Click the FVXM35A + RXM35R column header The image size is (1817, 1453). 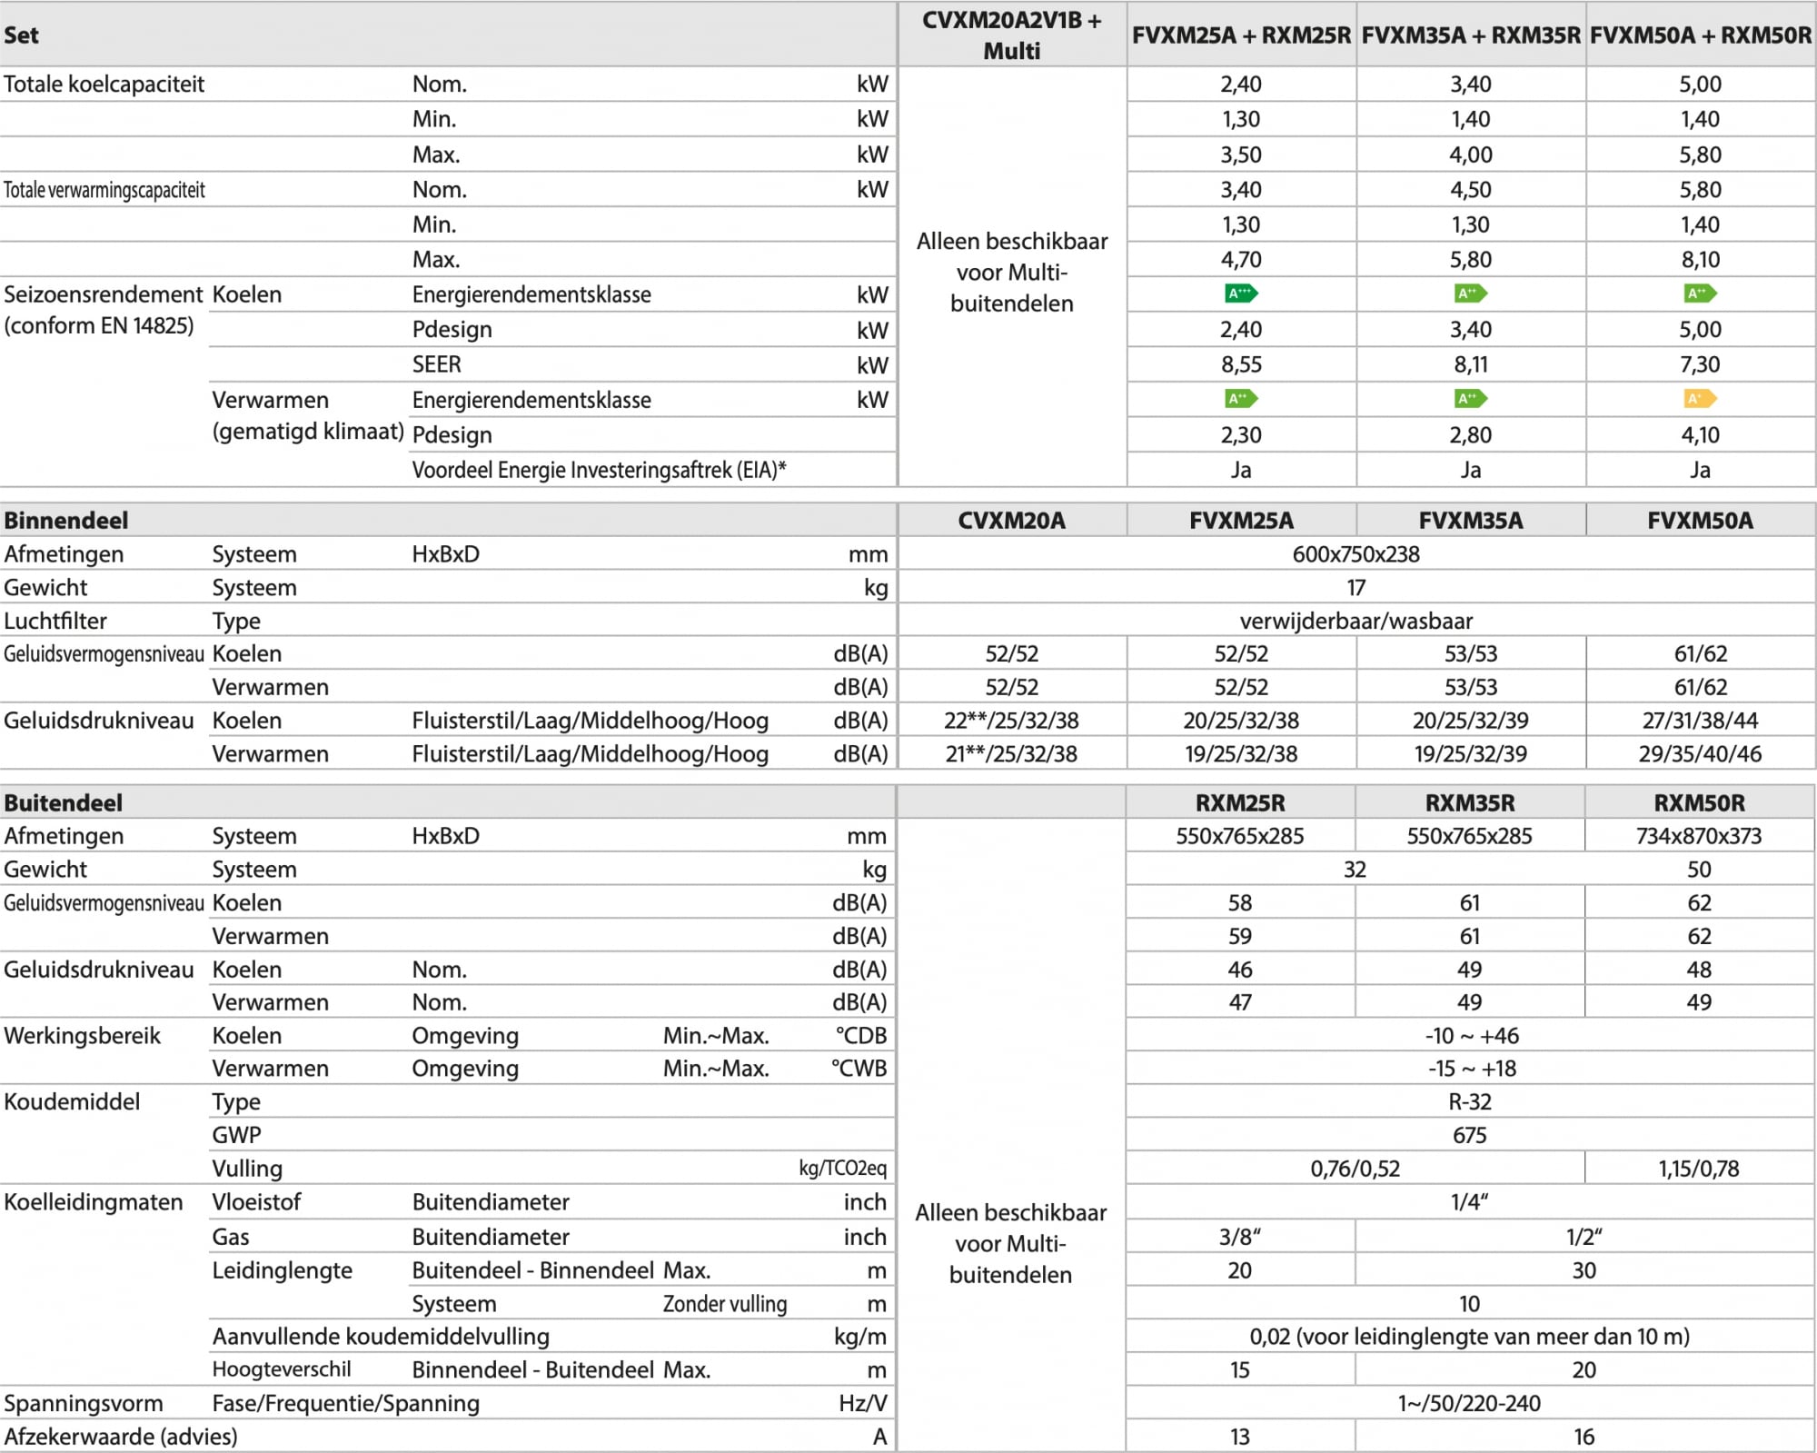point(1471,35)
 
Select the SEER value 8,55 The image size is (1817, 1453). point(1241,364)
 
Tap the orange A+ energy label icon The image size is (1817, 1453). point(1700,398)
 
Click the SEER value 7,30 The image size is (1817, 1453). point(1700,364)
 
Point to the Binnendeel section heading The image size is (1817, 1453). point(66,520)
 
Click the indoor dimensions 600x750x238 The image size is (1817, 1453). point(1355,554)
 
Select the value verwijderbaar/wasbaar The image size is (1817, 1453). point(1355,621)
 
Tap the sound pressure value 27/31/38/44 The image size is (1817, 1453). point(1700,721)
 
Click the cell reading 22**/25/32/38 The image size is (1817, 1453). point(1011,721)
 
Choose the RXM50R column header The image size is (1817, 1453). point(1699,802)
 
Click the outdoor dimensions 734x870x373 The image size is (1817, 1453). point(1699,836)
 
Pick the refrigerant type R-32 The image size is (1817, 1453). point(1469,1101)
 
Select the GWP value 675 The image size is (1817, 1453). point(1469,1135)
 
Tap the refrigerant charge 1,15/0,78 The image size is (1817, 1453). point(1699,1169)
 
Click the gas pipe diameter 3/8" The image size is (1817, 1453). point(1240,1237)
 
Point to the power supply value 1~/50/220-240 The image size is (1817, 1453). point(1469,1403)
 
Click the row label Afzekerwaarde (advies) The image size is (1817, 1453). point(121,1437)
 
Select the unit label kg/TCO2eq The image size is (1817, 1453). point(842,1169)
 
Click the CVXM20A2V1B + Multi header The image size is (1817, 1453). point(1011,35)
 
